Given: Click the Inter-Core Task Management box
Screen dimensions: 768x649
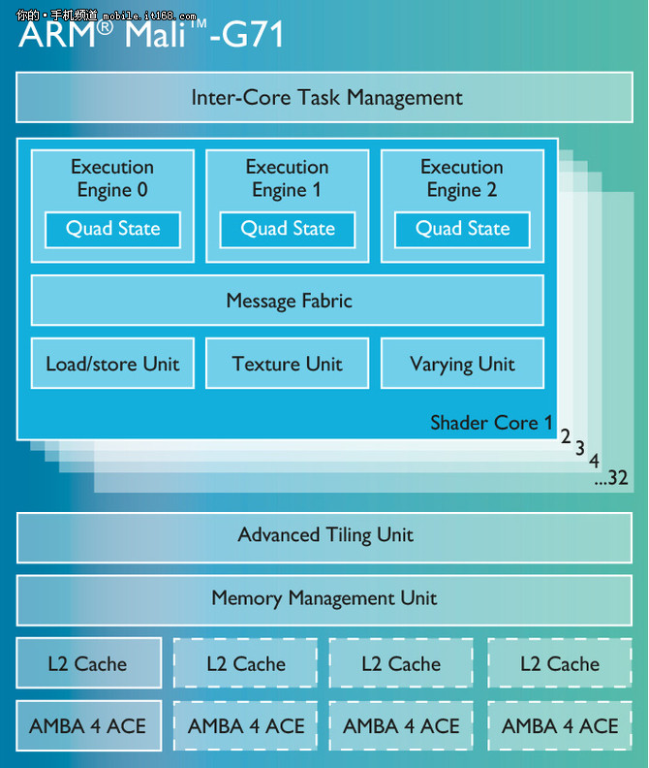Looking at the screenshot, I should click(x=325, y=97).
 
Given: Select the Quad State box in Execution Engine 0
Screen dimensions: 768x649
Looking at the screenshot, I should click(x=112, y=230).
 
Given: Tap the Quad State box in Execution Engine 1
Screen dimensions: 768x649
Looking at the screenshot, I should click(x=288, y=230).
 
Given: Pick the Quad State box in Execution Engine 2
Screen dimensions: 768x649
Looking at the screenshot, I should click(x=462, y=230).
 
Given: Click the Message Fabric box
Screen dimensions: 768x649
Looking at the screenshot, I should click(x=288, y=301).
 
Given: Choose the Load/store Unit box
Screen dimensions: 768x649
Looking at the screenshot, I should click(x=112, y=365).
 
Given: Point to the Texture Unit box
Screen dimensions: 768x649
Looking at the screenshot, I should click(x=288, y=365).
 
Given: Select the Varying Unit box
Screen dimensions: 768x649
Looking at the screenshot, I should click(x=462, y=365).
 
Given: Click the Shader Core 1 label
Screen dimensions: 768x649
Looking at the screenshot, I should click(x=491, y=423).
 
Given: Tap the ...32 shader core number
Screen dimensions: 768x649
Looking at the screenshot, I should click(x=612, y=478).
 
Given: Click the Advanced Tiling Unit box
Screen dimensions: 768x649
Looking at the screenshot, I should click(x=325, y=535).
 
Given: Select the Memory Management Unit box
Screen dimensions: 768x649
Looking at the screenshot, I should click(x=325, y=598).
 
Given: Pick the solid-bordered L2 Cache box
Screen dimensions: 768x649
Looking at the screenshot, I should click(x=88, y=664).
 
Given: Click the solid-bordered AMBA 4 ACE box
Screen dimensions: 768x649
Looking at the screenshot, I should click(x=88, y=726).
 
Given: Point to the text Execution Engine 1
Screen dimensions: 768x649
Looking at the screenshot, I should click(x=288, y=178).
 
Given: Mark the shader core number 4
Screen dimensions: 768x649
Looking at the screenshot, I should click(x=594, y=460).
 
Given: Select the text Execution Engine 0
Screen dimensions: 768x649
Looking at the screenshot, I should click(x=112, y=178).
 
